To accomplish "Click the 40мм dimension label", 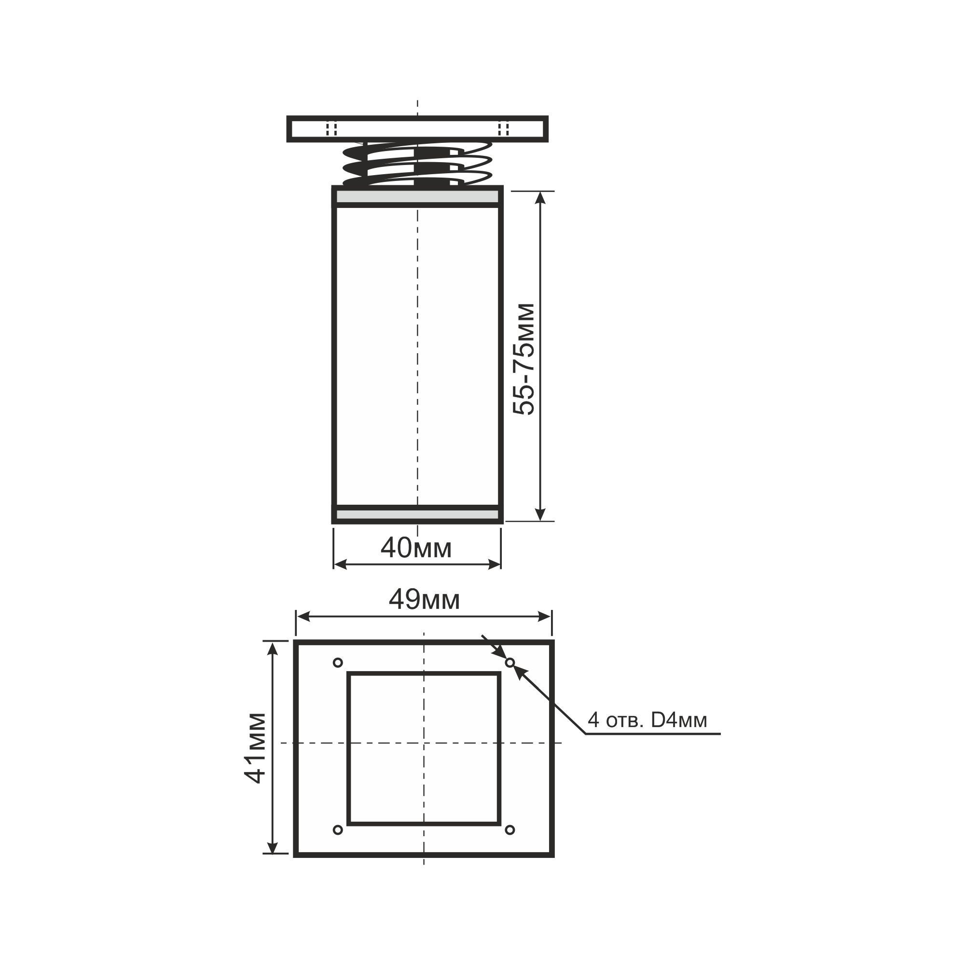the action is click(x=416, y=549).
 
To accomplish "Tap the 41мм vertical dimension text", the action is click(x=255, y=748).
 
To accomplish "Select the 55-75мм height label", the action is click(x=524, y=359).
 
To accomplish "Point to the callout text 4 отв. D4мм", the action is click(x=648, y=720).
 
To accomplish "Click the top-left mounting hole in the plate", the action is click(x=338, y=663).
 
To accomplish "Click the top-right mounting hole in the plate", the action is click(x=510, y=663).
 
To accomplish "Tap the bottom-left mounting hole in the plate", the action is click(x=338, y=830).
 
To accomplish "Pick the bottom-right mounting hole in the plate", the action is click(x=510, y=830).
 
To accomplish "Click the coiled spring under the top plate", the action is click(x=416, y=164).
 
